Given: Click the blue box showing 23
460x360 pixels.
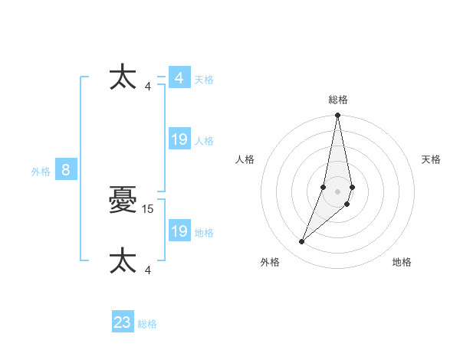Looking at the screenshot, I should tap(122, 322).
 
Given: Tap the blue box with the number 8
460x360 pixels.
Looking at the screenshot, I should tap(66, 170).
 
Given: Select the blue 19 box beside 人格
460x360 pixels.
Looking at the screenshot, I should tap(179, 139).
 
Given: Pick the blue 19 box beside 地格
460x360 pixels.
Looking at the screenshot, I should tap(179, 231).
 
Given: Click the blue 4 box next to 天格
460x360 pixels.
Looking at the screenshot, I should tap(179, 78).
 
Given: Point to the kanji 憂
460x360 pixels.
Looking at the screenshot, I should tap(123, 201).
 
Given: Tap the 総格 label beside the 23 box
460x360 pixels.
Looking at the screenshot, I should tap(147, 324).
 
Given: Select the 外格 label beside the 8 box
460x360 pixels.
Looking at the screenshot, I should tap(41, 172).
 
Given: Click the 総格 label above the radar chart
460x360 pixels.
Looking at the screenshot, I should tap(337, 100).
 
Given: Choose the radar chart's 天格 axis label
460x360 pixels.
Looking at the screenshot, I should tap(431, 159).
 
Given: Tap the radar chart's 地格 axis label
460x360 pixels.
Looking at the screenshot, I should tap(402, 262).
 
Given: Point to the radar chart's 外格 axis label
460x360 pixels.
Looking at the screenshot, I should tap(270, 262).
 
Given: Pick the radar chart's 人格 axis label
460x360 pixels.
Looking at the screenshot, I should tap(245, 159).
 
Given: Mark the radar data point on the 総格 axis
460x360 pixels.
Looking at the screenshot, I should tap(337, 116).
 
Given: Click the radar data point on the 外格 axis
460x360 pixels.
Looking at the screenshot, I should tap(301, 242).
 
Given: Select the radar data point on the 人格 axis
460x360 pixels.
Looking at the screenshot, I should tap(324, 187).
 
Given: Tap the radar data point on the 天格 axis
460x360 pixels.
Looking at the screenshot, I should tap(352, 187).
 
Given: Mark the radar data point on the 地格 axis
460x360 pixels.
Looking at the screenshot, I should tap(347, 204).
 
